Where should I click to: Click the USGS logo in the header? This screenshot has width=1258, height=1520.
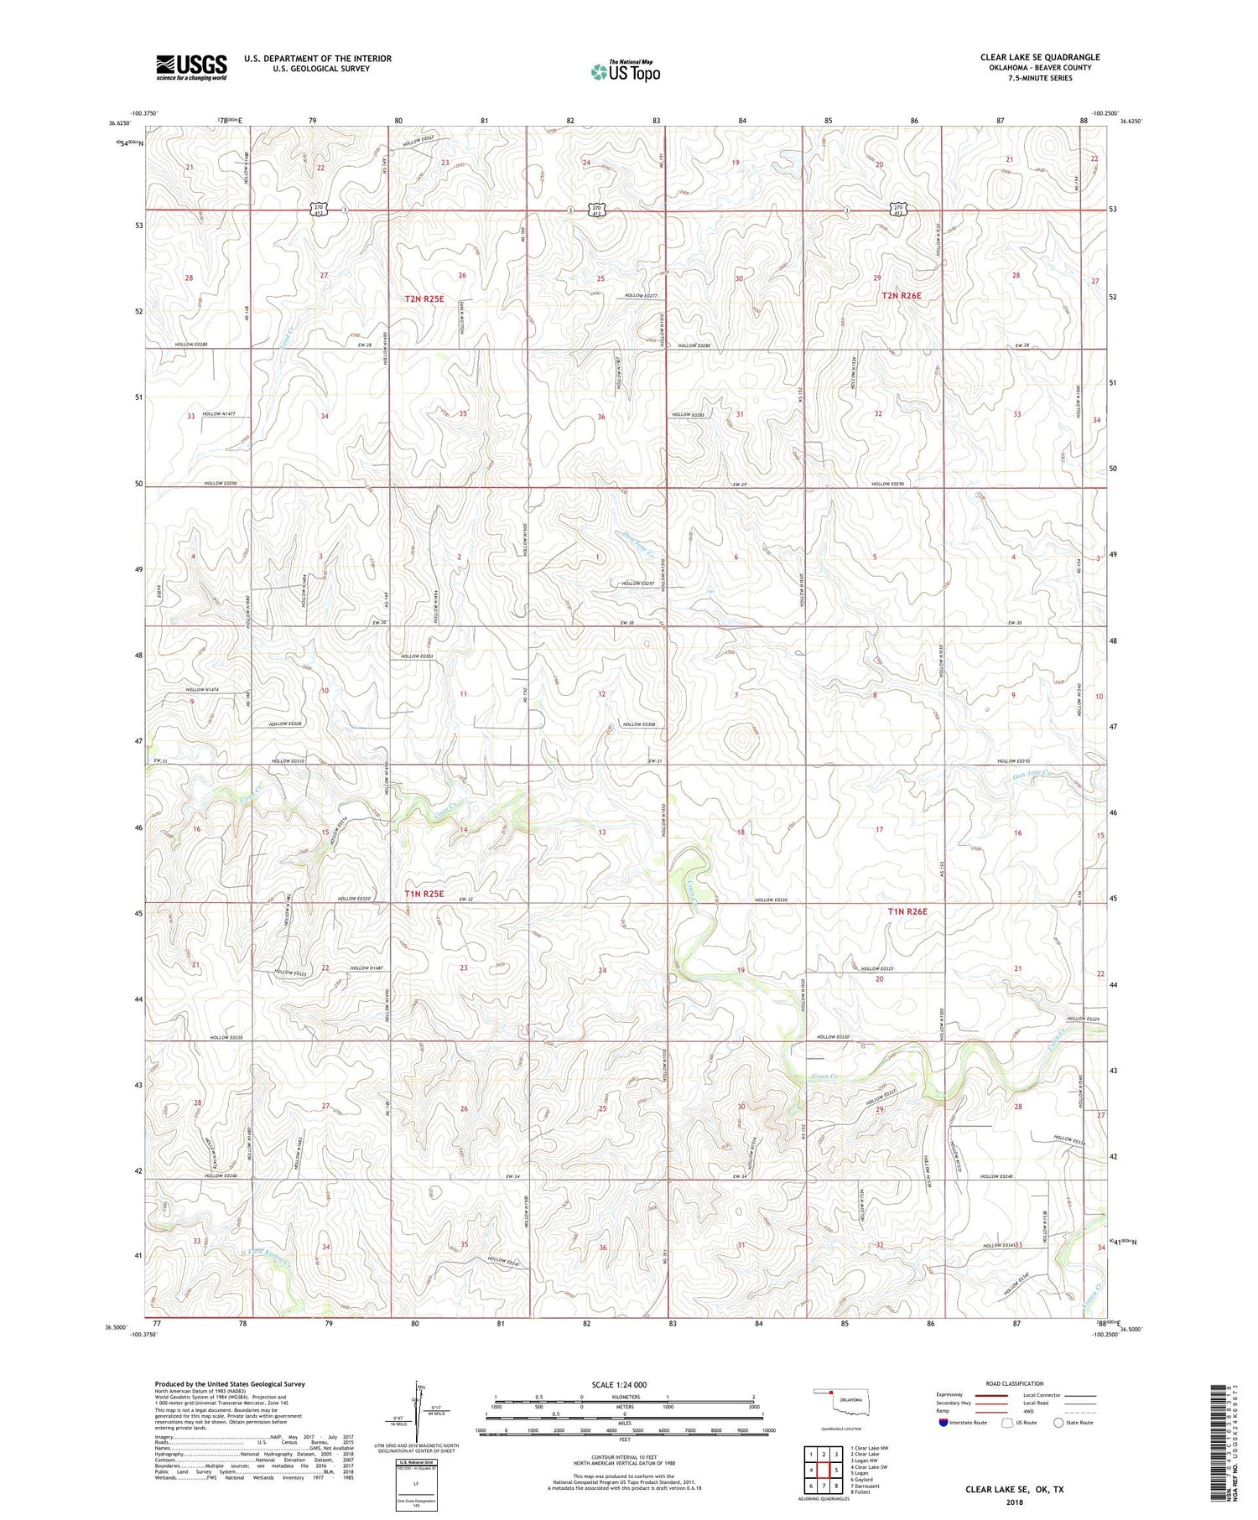190,67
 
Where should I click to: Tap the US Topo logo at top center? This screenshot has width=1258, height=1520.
625,71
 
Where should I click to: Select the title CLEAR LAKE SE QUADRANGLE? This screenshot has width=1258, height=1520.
1039,57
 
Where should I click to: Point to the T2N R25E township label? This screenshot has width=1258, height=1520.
424,298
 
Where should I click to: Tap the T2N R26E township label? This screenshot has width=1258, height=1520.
901,296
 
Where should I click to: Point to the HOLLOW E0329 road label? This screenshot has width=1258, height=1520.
1081,1019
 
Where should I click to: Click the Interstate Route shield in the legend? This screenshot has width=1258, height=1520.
944,1423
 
